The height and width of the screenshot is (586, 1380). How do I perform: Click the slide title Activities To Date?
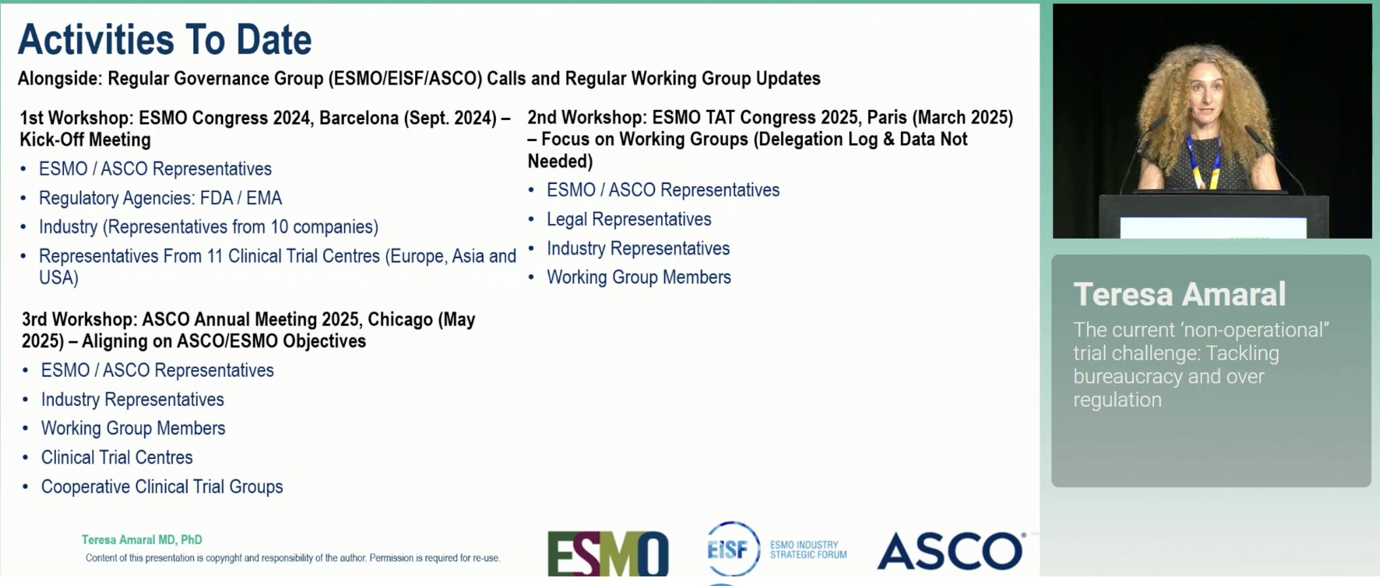(165, 39)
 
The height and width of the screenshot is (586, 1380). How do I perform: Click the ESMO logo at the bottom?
(608, 554)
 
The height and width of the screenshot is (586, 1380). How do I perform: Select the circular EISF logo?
(732, 549)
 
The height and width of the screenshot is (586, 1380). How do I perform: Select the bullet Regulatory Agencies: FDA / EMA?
(160, 198)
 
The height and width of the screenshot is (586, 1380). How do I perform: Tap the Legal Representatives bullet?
(629, 219)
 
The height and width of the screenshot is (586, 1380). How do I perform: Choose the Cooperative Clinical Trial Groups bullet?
(162, 487)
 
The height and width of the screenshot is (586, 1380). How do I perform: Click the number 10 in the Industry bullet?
(279, 227)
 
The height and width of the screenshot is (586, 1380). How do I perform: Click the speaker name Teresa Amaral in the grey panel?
(1179, 294)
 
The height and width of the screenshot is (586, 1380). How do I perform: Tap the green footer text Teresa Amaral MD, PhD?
(142, 539)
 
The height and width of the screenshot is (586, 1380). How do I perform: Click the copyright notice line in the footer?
(292, 558)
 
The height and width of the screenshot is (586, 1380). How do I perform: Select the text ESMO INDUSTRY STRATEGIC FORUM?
(808, 550)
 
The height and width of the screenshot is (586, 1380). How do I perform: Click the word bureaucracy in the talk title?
(1128, 376)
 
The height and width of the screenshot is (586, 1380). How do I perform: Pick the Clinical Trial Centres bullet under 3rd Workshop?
(117, 457)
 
